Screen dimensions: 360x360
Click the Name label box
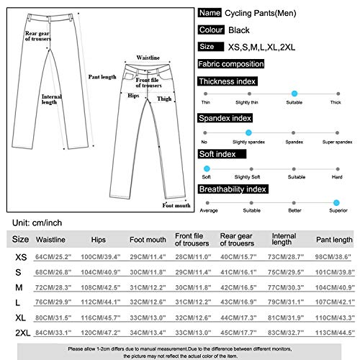pos(210,13)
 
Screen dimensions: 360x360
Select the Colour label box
pos(211,30)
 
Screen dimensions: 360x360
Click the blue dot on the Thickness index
pos(294,94)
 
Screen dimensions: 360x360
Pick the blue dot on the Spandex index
pos(248,132)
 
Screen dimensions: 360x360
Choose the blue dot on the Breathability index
pos(336,203)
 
